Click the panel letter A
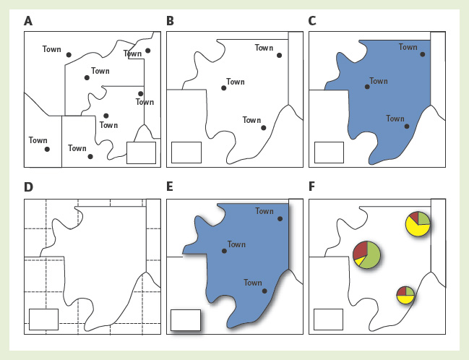coord(28,21)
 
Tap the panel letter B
coord(171,21)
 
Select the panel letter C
coord(313,21)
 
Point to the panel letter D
coord(28,188)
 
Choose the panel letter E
coord(170,188)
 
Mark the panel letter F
coord(312,188)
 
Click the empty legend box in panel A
coord(141,153)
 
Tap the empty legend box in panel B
coord(186,153)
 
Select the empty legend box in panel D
coord(43,319)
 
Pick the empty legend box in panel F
coord(329,319)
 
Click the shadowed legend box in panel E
coord(185,320)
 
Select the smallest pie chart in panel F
coord(405,295)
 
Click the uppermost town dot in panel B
coord(280,55)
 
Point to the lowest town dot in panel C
coord(407,126)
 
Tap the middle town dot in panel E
coord(224,252)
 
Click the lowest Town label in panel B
coord(251,120)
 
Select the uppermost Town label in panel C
coord(408,47)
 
